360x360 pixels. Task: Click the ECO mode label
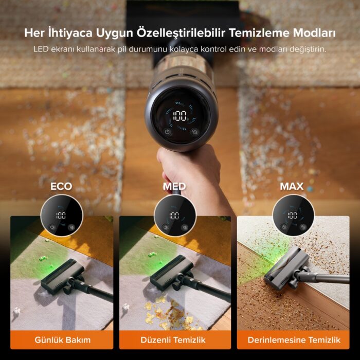(x=61, y=186)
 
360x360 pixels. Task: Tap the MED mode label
(x=174, y=186)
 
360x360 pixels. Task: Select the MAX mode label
(x=292, y=186)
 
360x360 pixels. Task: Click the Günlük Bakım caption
(x=62, y=340)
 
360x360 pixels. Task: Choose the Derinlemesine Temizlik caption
(x=294, y=340)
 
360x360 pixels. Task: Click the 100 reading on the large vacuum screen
(x=179, y=115)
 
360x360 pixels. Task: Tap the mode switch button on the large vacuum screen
(x=194, y=132)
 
